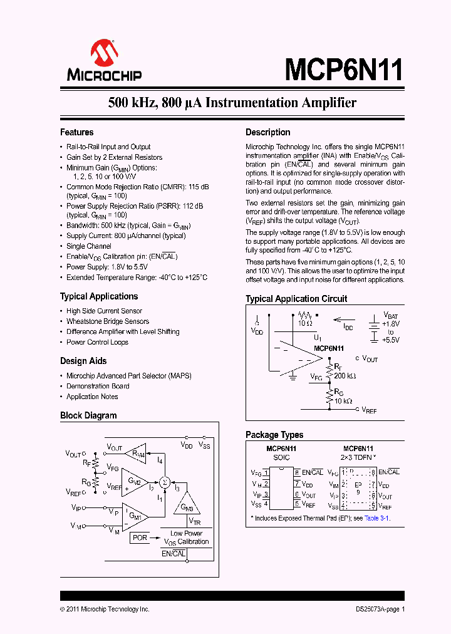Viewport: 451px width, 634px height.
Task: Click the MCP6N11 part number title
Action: pos(344,69)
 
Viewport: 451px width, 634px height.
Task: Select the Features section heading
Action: pos(76,132)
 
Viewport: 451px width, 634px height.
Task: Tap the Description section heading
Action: pos(267,132)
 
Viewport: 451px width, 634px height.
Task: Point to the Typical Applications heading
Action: pos(98,296)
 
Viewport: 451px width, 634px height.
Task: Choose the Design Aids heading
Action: pos(83,361)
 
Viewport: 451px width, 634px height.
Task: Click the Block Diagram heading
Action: pos(88,415)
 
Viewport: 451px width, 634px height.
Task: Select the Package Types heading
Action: pos(274,435)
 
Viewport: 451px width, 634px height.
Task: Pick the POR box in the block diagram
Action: pos(140,538)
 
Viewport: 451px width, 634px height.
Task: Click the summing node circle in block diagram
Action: pos(165,481)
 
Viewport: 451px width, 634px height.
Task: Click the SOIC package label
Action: pos(281,458)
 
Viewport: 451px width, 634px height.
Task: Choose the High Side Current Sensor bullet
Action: pos(104,311)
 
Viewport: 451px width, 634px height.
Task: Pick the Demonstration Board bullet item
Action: pos(98,386)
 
